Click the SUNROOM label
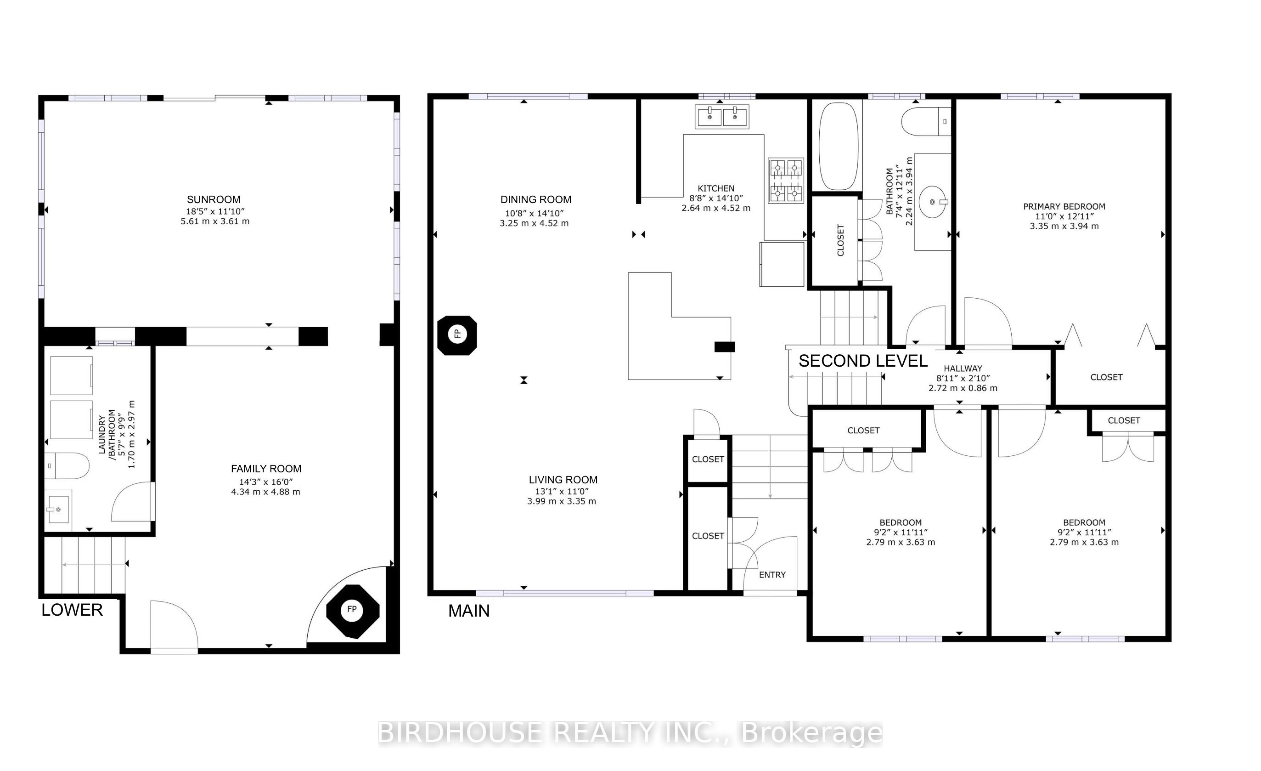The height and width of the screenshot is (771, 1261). point(214,200)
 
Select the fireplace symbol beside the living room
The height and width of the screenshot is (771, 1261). point(457,335)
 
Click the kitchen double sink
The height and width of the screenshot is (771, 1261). point(722,117)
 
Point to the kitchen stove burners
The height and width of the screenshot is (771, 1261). point(786,180)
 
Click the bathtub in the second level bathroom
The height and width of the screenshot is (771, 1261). point(838,147)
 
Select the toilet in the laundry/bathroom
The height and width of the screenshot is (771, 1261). point(67,466)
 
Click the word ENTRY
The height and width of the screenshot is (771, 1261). point(772,575)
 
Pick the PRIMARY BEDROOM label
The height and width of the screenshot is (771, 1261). point(1064,206)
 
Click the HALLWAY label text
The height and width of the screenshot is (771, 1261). point(963,368)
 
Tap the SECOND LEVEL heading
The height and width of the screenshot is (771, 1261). point(863,361)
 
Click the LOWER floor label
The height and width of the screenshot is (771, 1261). point(72,610)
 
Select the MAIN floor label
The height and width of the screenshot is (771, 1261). point(469,611)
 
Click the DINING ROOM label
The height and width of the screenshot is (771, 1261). point(536,200)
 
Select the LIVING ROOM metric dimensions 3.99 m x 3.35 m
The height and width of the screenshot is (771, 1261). point(562,501)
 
